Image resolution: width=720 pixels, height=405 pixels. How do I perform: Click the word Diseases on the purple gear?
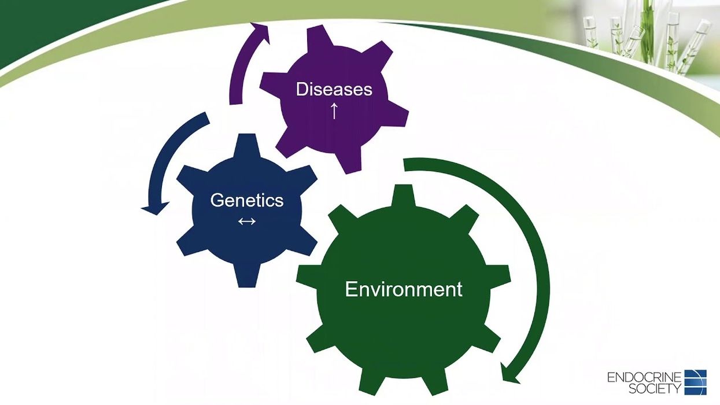(x=334, y=89)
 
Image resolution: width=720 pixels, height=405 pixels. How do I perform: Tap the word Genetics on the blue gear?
(x=247, y=200)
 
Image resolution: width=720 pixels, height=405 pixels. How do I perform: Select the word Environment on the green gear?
(x=404, y=289)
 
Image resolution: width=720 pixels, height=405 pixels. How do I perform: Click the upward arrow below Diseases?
(x=334, y=111)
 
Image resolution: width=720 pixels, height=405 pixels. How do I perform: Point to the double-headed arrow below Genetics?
(x=247, y=221)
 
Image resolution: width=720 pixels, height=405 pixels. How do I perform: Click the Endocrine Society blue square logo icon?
(x=695, y=381)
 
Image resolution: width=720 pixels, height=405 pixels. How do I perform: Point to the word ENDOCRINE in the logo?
(x=644, y=378)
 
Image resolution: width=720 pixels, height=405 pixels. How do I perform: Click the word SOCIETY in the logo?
(x=655, y=389)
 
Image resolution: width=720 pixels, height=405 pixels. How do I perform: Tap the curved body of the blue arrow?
(x=162, y=156)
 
